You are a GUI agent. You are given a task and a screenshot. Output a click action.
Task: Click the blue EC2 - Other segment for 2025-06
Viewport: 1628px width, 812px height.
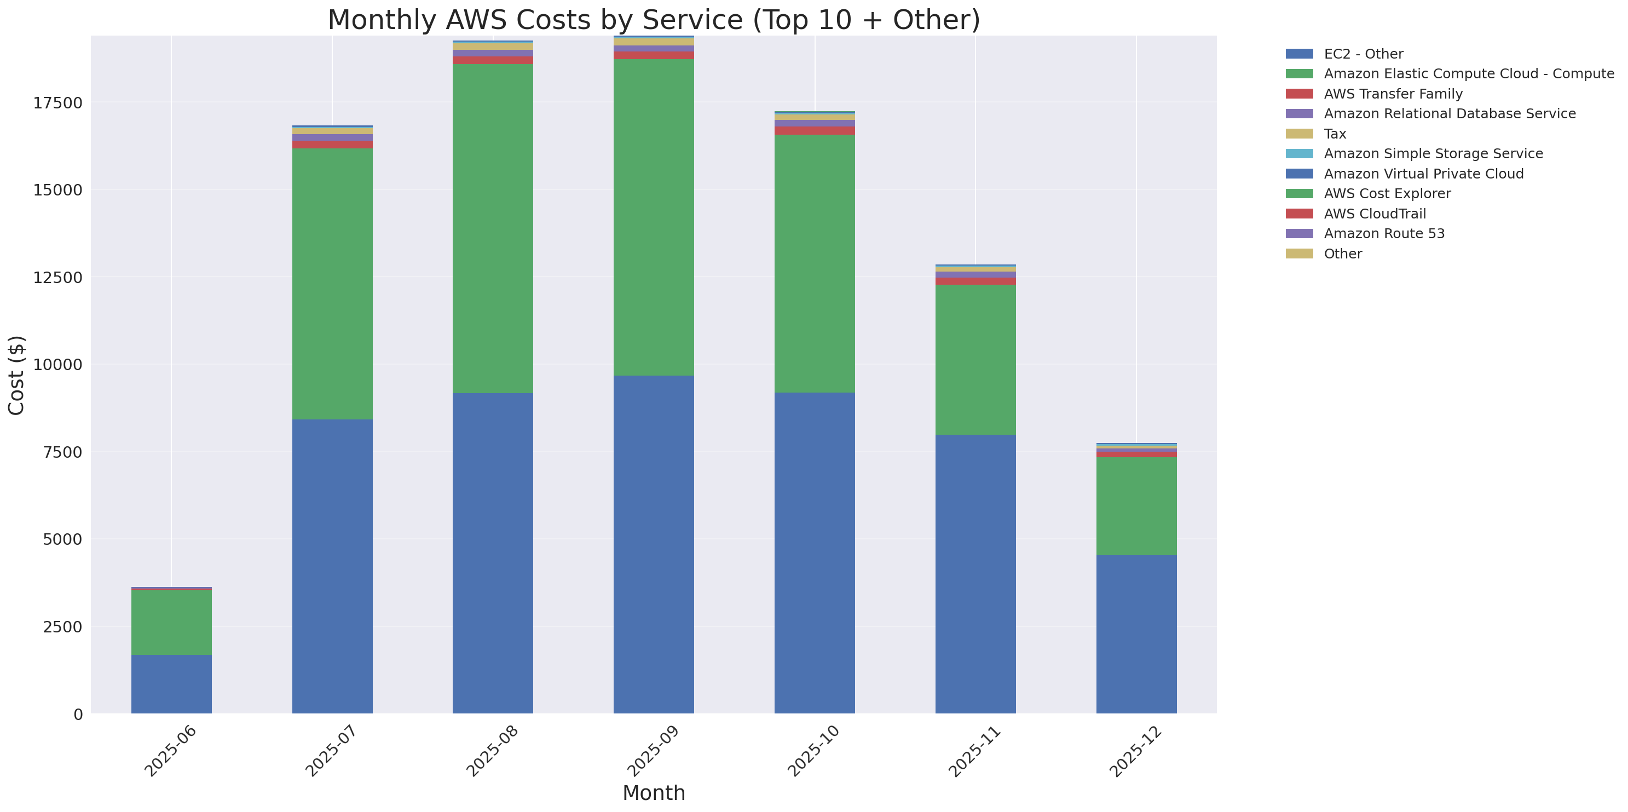point(171,684)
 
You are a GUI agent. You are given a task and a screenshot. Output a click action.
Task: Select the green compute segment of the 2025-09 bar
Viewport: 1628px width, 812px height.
point(654,217)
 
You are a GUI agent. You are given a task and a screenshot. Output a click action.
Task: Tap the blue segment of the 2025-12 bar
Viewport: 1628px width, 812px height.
point(1136,634)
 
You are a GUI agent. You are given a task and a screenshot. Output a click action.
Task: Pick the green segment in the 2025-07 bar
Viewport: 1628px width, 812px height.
point(332,284)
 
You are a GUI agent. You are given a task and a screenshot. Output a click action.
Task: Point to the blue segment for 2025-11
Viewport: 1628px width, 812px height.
point(975,574)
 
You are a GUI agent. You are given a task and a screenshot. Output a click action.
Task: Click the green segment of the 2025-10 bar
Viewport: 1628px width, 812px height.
point(815,263)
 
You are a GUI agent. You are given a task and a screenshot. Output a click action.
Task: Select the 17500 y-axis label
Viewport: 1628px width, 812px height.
point(57,103)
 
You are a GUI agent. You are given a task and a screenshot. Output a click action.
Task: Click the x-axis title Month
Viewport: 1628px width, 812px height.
point(654,792)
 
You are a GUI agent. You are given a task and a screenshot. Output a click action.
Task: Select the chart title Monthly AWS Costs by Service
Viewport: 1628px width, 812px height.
point(654,20)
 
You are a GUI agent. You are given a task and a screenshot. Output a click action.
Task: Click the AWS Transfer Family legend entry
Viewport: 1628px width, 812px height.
point(1393,94)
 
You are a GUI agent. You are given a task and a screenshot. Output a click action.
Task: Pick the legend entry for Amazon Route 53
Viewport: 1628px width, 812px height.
point(1384,234)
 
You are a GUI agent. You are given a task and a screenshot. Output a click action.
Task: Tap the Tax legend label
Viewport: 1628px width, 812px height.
point(1335,134)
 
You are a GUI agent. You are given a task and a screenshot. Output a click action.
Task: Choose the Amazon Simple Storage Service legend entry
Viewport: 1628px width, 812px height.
point(1433,153)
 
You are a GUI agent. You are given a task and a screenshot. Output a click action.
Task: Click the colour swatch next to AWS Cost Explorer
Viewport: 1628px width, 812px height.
point(1299,193)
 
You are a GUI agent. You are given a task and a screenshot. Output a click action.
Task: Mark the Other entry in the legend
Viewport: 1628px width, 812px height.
point(1342,254)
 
